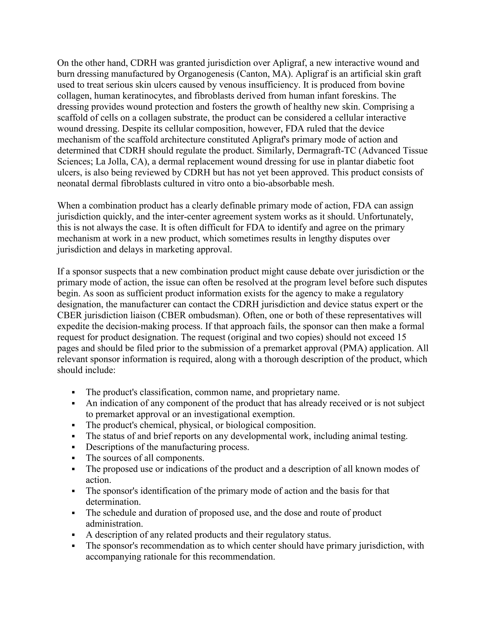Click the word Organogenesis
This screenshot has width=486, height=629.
[x=206, y=74]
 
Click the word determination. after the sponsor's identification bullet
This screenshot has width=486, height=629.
[x=113, y=502]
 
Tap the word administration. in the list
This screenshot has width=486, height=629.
[x=114, y=524]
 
